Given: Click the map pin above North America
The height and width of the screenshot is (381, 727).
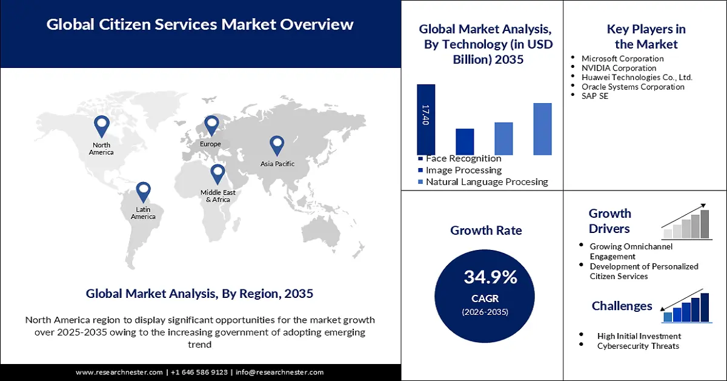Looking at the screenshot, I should [x=101, y=126].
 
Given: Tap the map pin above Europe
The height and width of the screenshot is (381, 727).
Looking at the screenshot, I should [x=211, y=125].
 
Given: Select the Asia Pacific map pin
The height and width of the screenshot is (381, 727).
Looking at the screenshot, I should [x=277, y=145].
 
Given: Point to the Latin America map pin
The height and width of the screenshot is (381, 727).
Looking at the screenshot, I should [x=143, y=191].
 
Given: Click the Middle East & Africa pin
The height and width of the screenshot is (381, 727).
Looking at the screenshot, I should [x=217, y=174].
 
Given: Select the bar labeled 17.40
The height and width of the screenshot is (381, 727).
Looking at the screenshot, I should [x=426, y=120].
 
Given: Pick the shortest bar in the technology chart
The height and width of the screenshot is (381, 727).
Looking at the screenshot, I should [x=465, y=141].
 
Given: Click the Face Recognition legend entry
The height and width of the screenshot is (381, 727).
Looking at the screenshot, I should [x=463, y=158].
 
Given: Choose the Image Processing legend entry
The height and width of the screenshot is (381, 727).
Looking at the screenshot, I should [x=463, y=170].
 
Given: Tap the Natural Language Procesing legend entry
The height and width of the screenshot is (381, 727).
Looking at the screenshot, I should [x=486, y=181].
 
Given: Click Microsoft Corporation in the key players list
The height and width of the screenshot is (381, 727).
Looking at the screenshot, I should [x=622, y=59].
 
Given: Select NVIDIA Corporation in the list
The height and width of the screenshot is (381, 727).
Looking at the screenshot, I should [x=619, y=68].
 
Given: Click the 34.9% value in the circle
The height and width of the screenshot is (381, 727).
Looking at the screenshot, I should [x=491, y=278].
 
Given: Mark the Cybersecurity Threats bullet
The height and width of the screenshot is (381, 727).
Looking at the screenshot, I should [x=638, y=346].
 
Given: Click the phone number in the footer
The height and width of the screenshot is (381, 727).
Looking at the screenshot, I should [x=199, y=372].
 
